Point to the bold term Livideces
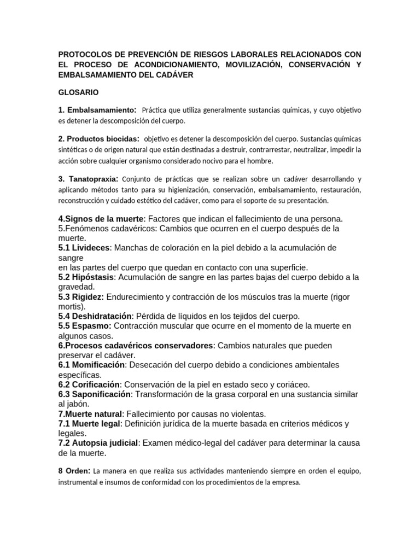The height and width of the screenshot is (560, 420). point(91,248)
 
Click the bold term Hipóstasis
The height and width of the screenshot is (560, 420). point(94,277)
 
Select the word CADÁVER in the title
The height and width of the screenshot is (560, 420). point(175,75)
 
